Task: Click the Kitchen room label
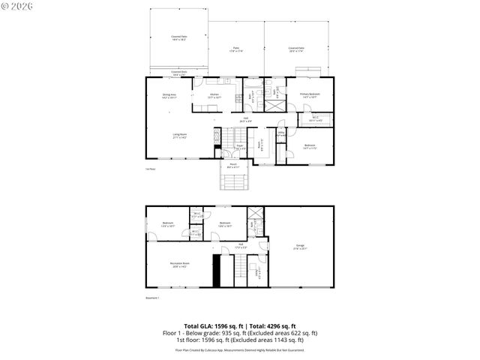coord(214,95)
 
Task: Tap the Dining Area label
coord(169,95)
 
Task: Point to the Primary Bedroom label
coord(310,95)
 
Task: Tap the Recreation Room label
coord(179,264)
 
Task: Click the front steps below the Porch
coord(233,182)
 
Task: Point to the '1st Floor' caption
coord(151,169)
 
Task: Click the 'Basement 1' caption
coord(153,298)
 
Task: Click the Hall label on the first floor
coord(245,118)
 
